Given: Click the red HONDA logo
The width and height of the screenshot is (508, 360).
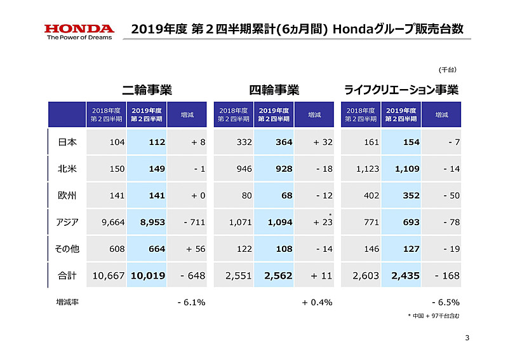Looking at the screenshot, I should [x=79, y=29].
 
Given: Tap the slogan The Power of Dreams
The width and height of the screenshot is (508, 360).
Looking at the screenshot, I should [x=79, y=38].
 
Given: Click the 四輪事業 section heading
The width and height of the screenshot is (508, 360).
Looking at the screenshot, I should [x=274, y=90].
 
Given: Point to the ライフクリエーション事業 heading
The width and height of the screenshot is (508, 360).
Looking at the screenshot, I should [x=401, y=90].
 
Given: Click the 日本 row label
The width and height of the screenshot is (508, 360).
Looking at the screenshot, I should [x=67, y=142].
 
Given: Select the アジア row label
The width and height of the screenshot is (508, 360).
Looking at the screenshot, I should [x=67, y=222].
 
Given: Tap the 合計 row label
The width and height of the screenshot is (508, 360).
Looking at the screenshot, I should [x=67, y=275].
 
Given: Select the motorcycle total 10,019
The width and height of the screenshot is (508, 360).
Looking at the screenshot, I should [x=149, y=275].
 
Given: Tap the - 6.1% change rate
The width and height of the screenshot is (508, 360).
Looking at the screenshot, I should [x=191, y=302].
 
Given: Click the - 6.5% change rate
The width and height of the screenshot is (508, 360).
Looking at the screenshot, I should [x=445, y=302].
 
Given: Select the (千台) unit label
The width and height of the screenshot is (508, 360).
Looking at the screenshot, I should [x=448, y=69].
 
